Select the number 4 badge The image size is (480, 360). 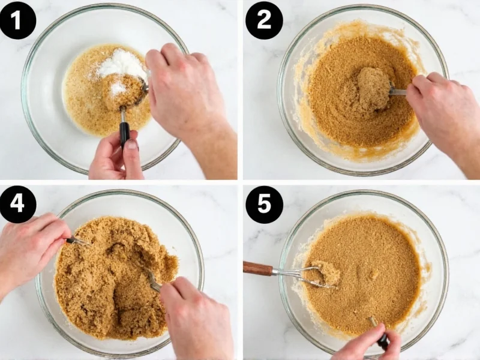[18, 204]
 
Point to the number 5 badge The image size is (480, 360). [263, 204]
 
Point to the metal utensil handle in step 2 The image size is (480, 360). [397, 92]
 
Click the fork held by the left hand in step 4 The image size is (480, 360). [78, 241]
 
